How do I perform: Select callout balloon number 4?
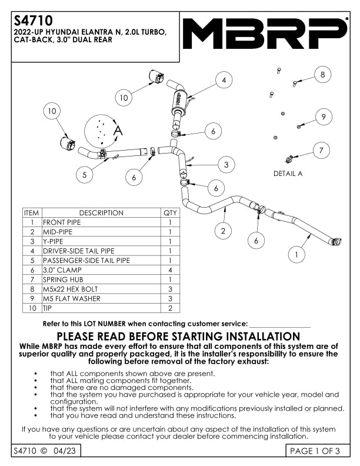pyautogui.click(x=224, y=81)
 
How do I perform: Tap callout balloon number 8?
pyautogui.click(x=322, y=75)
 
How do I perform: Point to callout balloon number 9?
pyautogui.click(x=323, y=117)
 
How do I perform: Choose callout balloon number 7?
pyautogui.click(x=321, y=151)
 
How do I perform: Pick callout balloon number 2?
pyautogui.click(x=223, y=231)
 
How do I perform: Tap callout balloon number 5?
pyautogui.click(x=85, y=174)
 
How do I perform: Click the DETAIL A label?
pyautogui.click(x=288, y=174)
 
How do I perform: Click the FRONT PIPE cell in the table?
pyautogui.click(x=62, y=222)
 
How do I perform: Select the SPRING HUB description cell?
pyautogui.click(x=63, y=279)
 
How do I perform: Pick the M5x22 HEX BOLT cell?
pyautogui.click(x=71, y=289)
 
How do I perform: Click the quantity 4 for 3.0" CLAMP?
pyautogui.click(x=169, y=270)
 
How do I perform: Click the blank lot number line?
pyautogui.click(x=280, y=324)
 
